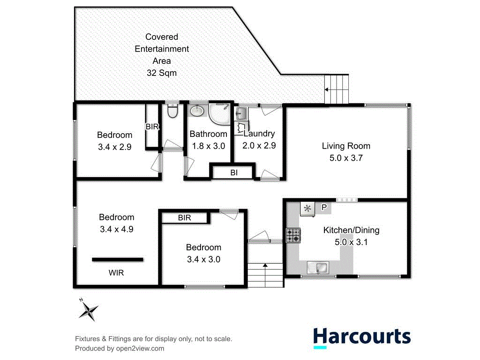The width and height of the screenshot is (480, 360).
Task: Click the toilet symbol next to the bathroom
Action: (172, 112)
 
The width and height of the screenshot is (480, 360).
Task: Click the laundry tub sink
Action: (241, 113)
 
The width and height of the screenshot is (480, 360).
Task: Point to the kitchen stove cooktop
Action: (293, 235)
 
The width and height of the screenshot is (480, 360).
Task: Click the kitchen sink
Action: (319, 268)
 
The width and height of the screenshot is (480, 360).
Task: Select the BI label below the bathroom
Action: (234, 173)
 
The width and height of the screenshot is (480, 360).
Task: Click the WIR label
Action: (116, 272)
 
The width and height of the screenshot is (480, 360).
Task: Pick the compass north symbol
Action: (88, 309)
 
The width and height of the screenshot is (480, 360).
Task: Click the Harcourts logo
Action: (361, 337)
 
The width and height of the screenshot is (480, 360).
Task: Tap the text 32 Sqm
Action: (161, 73)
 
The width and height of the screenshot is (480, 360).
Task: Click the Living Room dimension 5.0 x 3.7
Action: (346, 158)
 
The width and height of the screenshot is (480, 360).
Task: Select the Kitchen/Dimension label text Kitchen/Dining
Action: (351, 230)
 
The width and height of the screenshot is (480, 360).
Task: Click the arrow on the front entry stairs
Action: (265, 266)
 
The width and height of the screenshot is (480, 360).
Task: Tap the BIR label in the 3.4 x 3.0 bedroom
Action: (184, 218)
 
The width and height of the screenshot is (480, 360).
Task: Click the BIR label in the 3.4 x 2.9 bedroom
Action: (152, 127)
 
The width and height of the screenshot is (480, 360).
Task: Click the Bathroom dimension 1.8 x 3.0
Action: (209, 146)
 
